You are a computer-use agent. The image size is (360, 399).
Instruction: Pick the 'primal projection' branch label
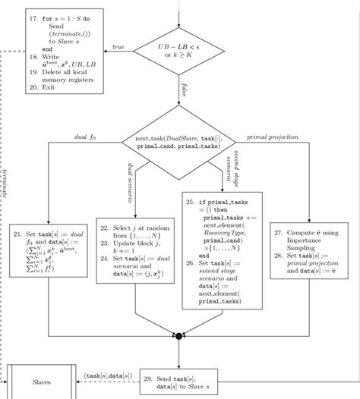click(x=273, y=137)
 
